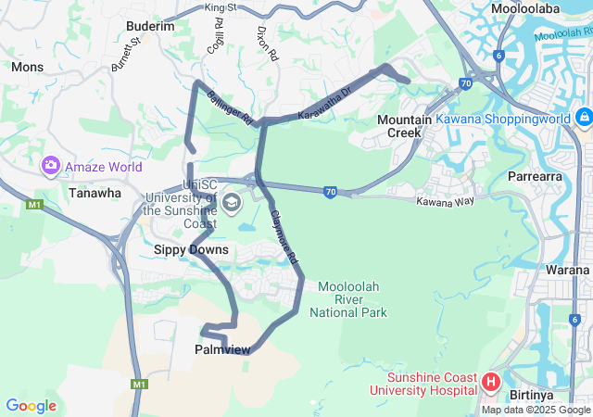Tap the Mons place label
[x=27, y=67]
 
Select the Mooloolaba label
[x=527, y=8]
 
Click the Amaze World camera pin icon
[x=50, y=167]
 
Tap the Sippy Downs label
[x=191, y=249]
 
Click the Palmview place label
[x=221, y=349]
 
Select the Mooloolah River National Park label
[x=352, y=299]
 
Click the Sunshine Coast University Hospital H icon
[x=490, y=381]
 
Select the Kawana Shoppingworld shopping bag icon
[x=584, y=119]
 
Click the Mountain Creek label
[x=405, y=127]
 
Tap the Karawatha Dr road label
[x=325, y=105]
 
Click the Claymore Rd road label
[x=284, y=237]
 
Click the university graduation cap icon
[x=231, y=202]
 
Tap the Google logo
[x=31, y=406]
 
